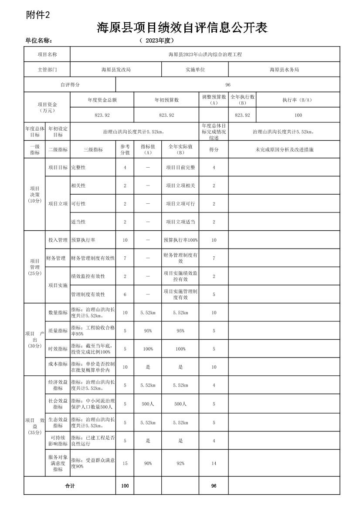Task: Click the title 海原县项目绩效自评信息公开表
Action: click(x=182, y=28)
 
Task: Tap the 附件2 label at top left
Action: click(x=38, y=15)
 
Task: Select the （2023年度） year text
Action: click(x=156, y=40)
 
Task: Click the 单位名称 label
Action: click(x=39, y=40)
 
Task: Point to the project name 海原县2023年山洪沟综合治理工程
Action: click(x=205, y=54)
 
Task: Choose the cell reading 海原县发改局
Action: click(x=116, y=69)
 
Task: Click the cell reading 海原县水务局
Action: click(x=284, y=69)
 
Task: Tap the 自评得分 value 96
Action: click(x=228, y=84)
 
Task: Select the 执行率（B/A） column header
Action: click(x=298, y=100)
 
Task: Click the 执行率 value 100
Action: click(x=298, y=115)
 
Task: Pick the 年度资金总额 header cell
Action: click(x=102, y=100)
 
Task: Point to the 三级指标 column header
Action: click(x=93, y=149)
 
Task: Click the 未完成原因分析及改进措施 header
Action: click(x=284, y=149)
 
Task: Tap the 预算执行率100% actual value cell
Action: click(x=180, y=240)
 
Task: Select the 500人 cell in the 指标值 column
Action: click(x=148, y=404)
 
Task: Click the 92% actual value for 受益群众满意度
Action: click(x=180, y=463)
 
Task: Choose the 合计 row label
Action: click(x=70, y=486)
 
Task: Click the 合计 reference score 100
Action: click(x=125, y=486)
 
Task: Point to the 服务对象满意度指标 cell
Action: click(x=58, y=463)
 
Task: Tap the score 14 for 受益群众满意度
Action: click(x=214, y=463)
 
